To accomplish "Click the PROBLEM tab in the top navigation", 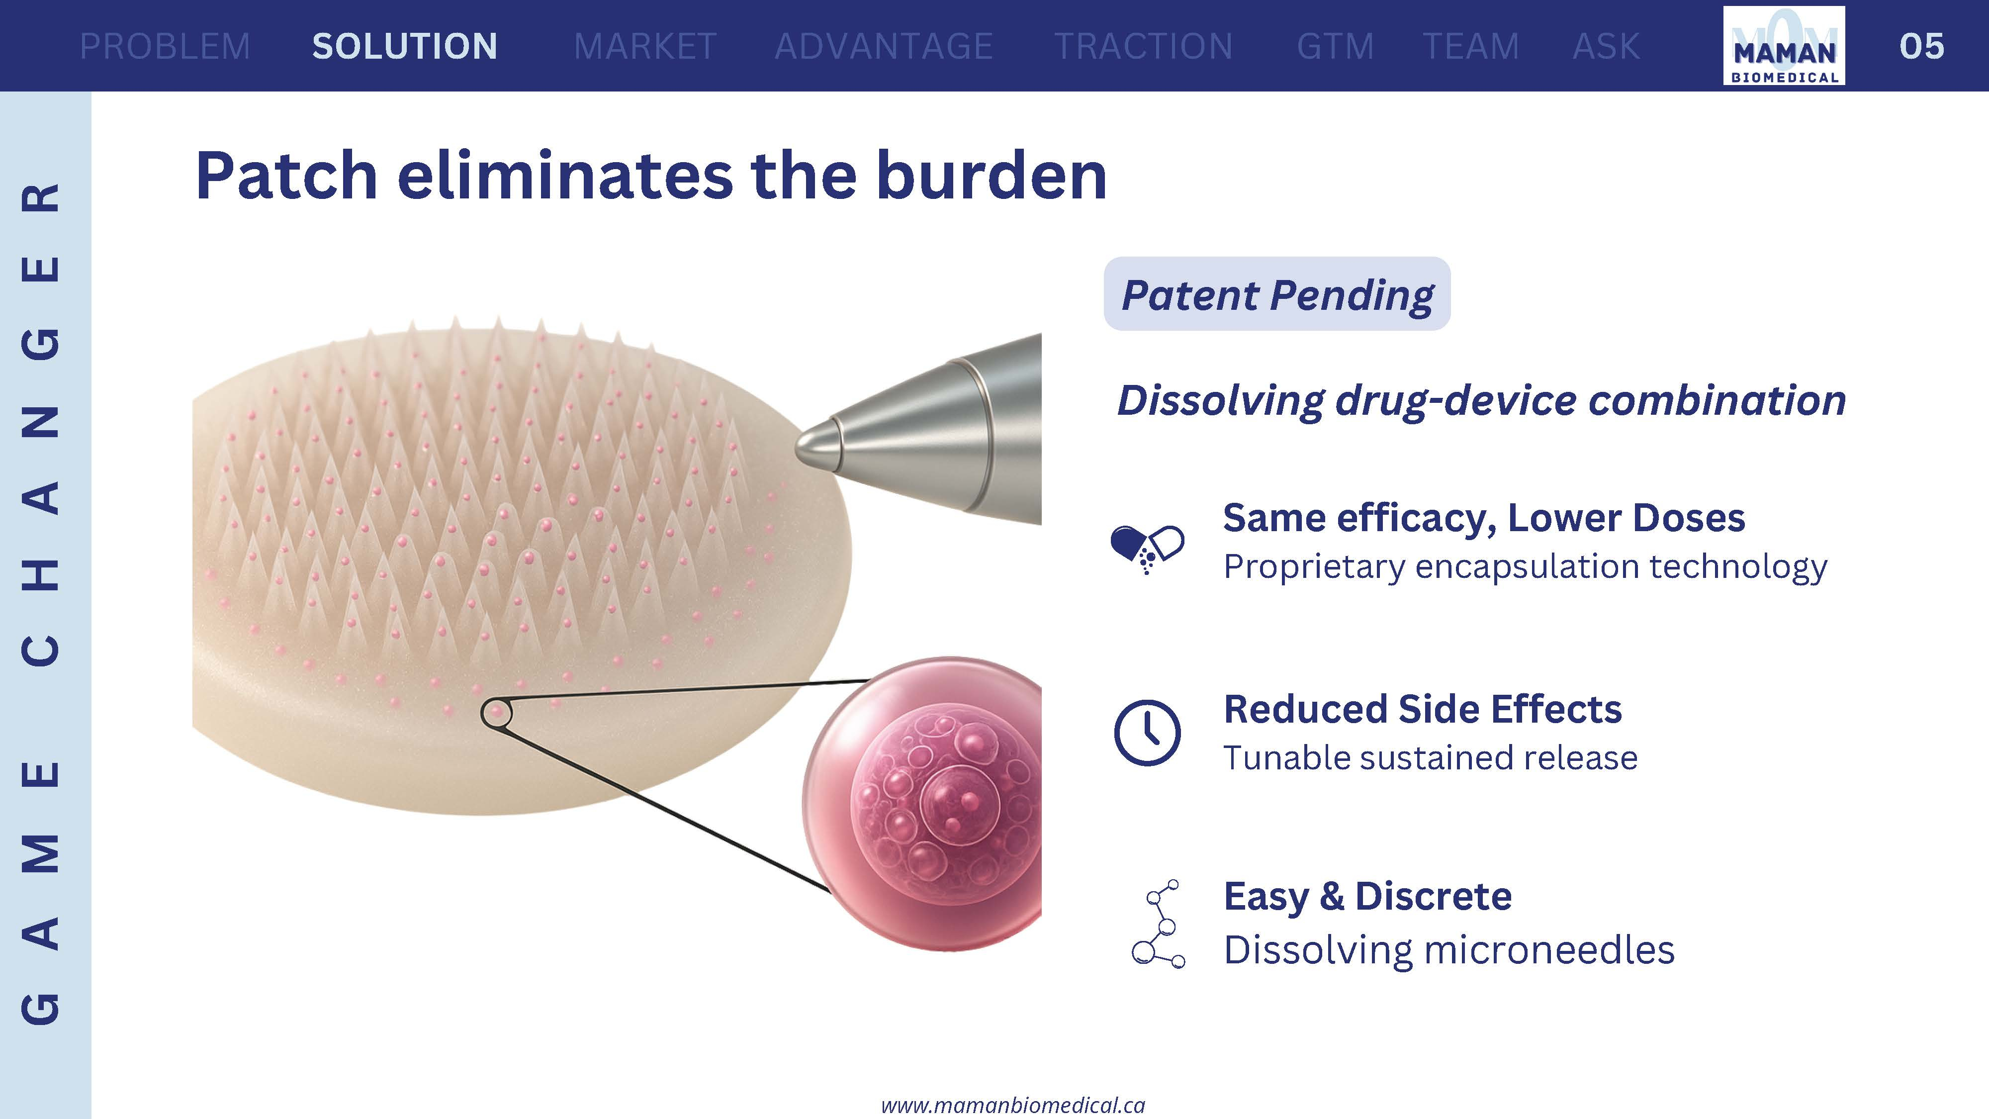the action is click(165, 46).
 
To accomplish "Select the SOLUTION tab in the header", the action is click(405, 46).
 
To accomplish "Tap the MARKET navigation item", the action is click(645, 46).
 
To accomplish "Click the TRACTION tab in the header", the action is click(1144, 46).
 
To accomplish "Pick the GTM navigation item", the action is click(1335, 46).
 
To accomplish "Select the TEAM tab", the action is click(1471, 46).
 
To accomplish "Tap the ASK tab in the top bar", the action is click(1606, 46).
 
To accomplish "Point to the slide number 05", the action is click(1922, 46).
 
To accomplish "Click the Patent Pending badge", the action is click(1277, 294).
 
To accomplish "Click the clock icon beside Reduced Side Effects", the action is click(1147, 733).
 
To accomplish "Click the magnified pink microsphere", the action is click(923, 803).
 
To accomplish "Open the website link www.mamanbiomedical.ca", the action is click(1013, 1105).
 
